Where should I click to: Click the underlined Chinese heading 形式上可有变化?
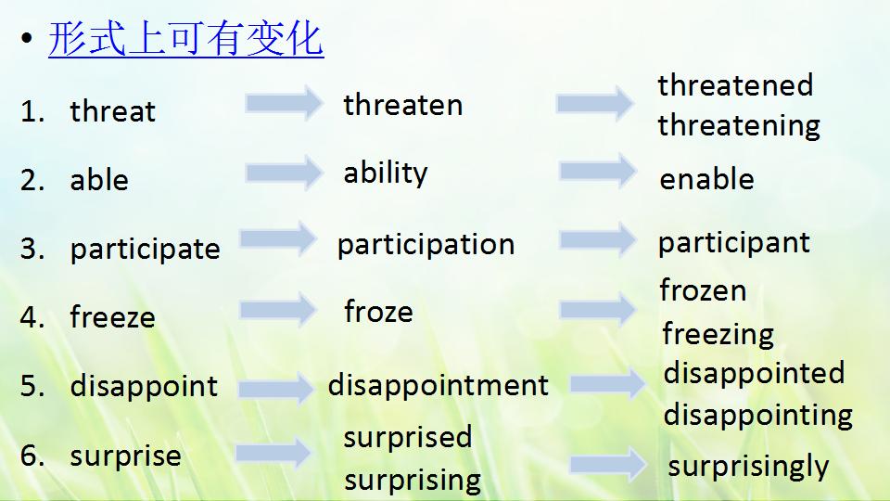click(185, 41)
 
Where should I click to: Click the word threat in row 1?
click(112, 111)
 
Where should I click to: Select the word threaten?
click(402, 105)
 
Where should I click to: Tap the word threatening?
click(739, 125)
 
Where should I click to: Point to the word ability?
click(386, 173)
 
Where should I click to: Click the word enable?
click(706, 179)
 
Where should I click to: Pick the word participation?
click(426, 245)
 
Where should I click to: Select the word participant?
click(733, 243)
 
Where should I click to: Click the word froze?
click(378, 312)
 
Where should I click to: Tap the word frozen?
click(703, 290)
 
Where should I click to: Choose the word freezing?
click(718, 333)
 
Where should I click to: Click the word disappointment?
click(438, 385)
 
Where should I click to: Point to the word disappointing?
click(757, 415)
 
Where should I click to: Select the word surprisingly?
click(748, 466)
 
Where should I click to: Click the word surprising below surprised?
click(412, 481)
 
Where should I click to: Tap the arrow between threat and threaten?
click(283, 102)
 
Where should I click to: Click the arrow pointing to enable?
click(598, 170)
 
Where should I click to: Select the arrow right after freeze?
click(278, 309)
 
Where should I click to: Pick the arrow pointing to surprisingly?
click(607, 464)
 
